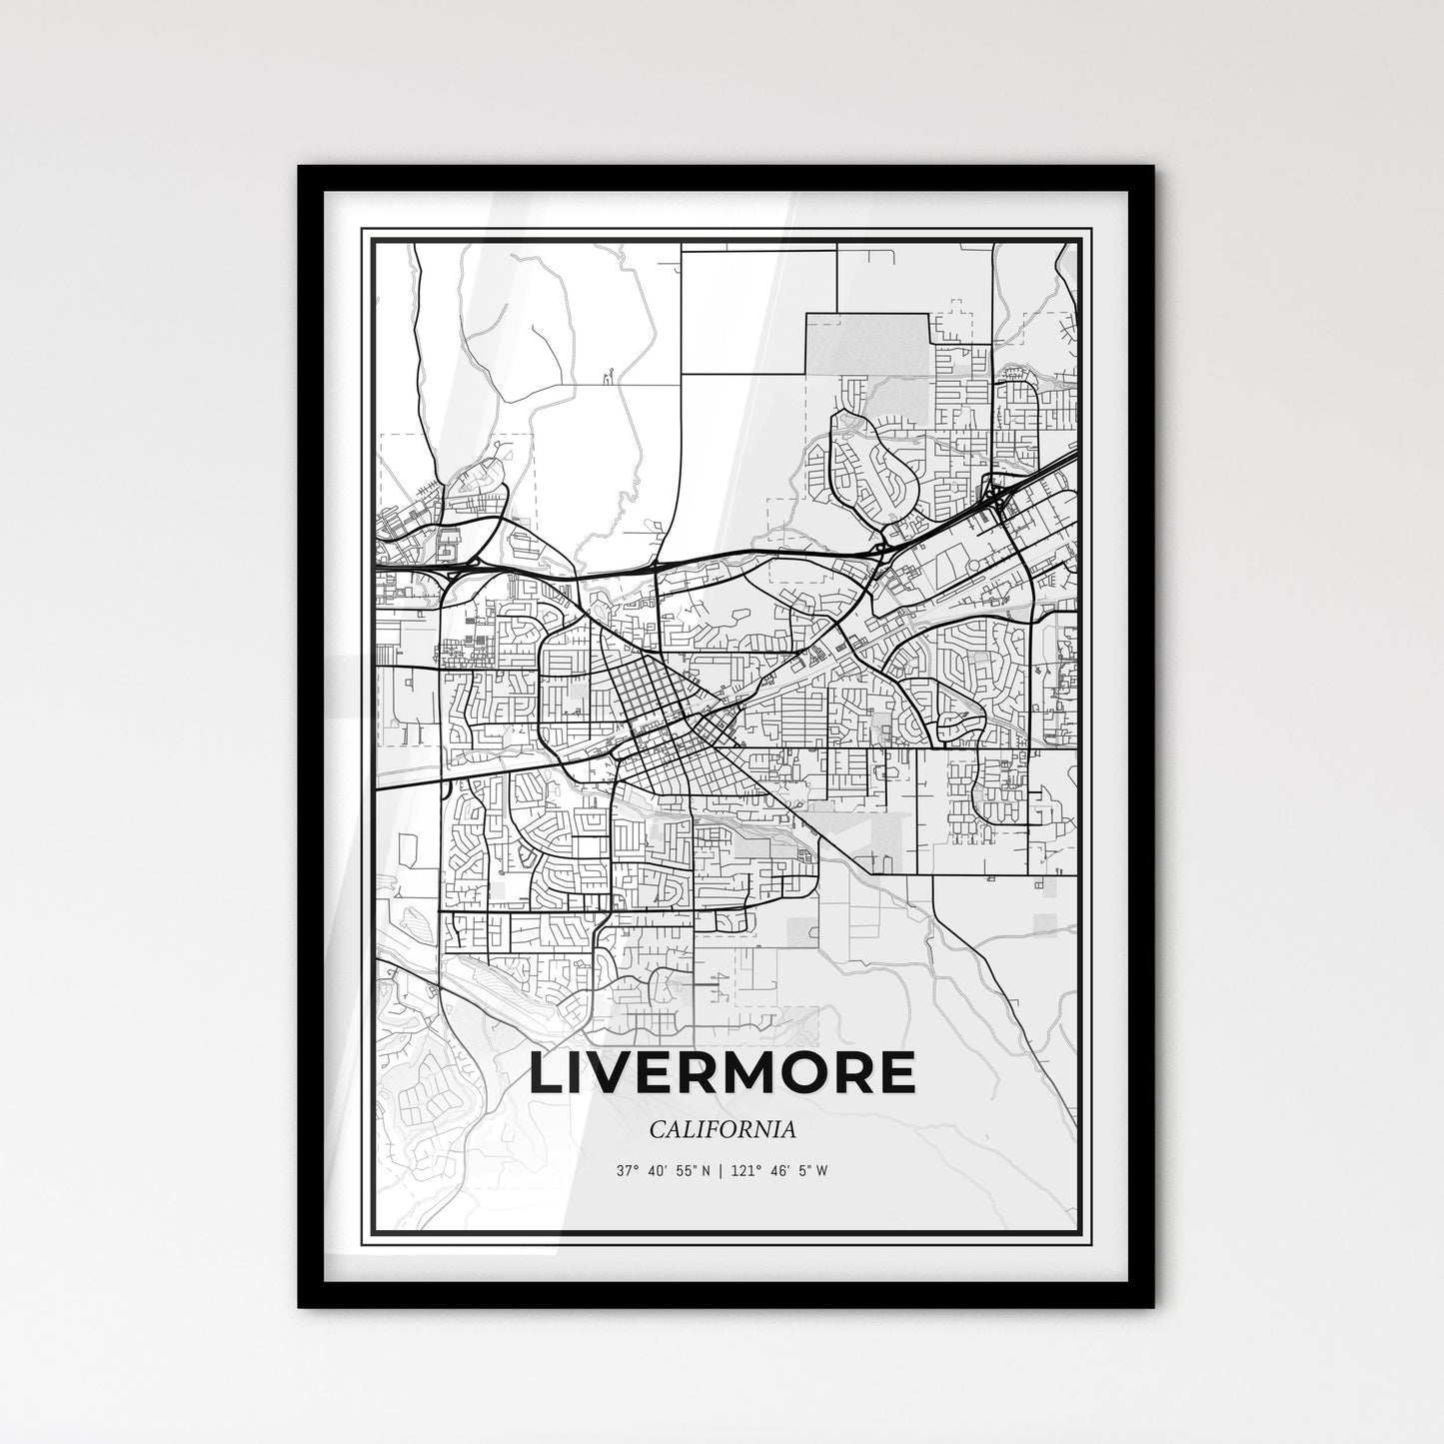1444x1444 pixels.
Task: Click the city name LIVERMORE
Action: pos(722,1072)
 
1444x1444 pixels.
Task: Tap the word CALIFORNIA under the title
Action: pos(722,1129)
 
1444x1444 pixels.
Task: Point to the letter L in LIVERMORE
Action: pos(547,1072)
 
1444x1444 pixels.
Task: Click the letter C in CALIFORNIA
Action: pos(655,1129)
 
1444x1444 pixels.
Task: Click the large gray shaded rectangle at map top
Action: pos(866,344)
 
